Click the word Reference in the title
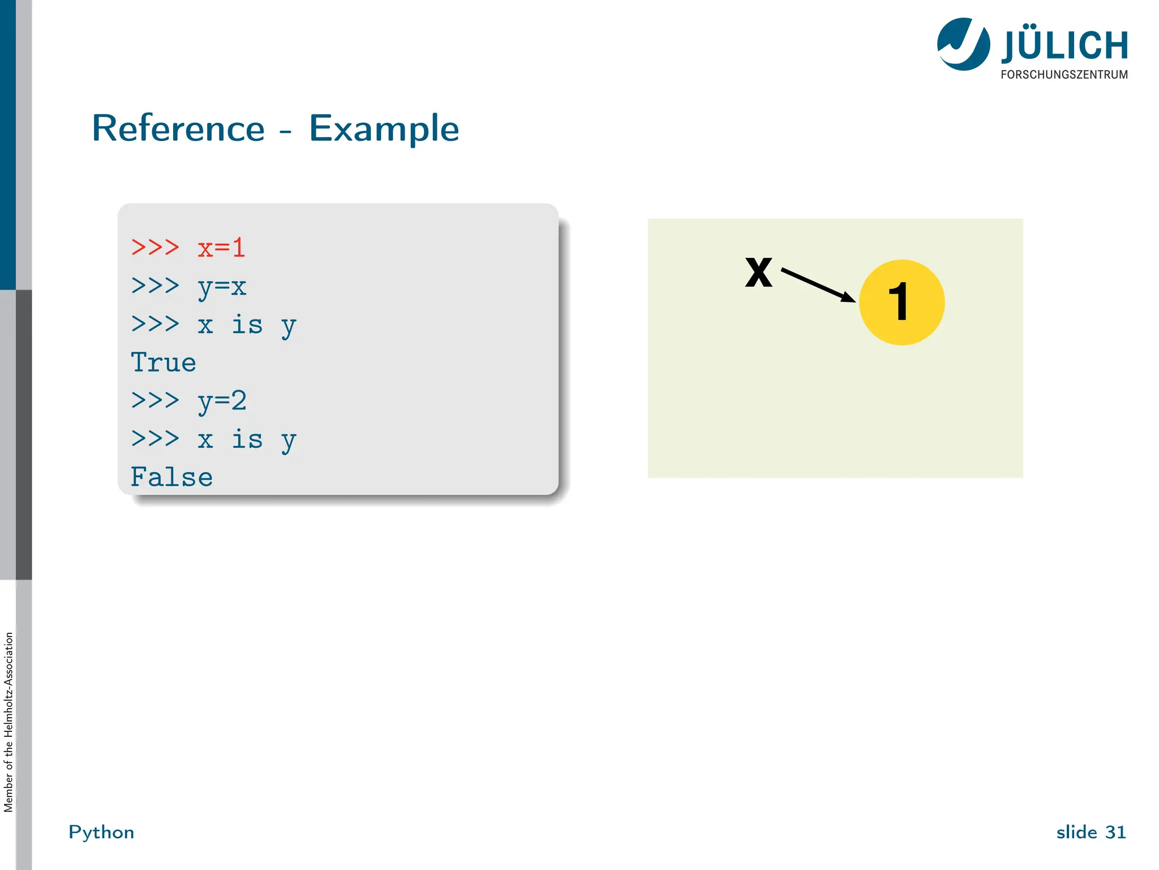(x=178, y=129)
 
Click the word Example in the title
(x=384, y=129)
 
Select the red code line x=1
(x=221, y=248)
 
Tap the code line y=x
(x=222, y=287)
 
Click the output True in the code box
(x=164, y=363)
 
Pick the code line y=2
(x=222, y=401)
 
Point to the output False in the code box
(x=171, y=477)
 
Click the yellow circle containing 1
(x=902, y=302)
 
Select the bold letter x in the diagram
(x=758, y=272)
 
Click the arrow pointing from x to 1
(x=817, y=285)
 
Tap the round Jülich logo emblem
(x=963, y=44)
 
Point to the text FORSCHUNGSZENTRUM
(x=1064, y=75)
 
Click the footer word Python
(x=101, y=832)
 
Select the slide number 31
(x=1115, y=832)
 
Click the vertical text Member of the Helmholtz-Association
(x=8, y=722)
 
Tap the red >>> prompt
(x=155, y=248)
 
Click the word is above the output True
(x=247, y=325)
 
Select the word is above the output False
(x=247, y=440)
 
